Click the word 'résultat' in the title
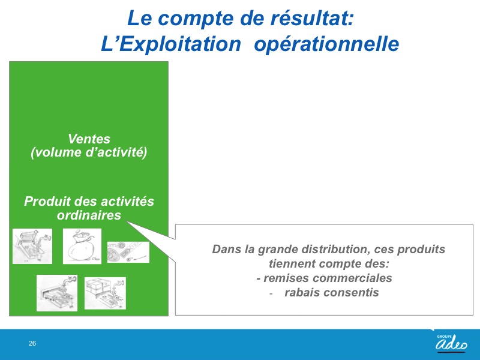click(312, 18)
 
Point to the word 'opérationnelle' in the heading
click(326, 44)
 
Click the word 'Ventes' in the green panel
click(89, 139)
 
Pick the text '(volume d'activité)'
click(89, 152)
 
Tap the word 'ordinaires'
click(89, 215)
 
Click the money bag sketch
click(82, 246)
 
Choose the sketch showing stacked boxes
click(105, 293)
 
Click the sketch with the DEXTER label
click(128, 252)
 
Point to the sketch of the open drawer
click(57, 293)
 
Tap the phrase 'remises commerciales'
click(328, 278)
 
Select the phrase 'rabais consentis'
click(332, 292)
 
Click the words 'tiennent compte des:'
click(329, 263)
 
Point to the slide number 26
click(32, 343)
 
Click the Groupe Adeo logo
click(451, 343)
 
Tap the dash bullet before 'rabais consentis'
click(271, 294)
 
